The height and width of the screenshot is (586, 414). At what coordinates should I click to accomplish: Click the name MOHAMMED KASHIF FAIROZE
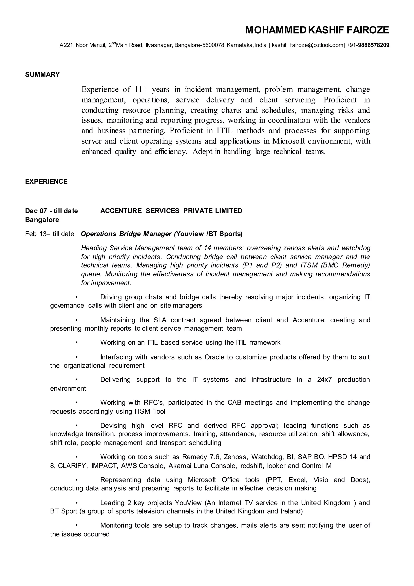click(x=317, y=30)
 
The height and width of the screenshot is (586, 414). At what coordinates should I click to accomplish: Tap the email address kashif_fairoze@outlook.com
click(x=307, y=45)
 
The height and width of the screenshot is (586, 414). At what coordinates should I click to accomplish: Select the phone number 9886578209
click(x=374, y=45)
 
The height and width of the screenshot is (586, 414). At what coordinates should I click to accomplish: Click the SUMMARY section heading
click(x=42, y=75)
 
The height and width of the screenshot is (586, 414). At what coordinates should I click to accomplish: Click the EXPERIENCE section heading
click(x=46, y=181)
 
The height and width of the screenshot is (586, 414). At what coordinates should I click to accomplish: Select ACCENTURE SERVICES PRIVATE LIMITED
click(x=171, y=211)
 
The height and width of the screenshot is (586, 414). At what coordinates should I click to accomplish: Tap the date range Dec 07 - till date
click(x=51, y=211)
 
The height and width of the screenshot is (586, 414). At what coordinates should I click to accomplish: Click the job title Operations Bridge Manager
click(x=126, y=234)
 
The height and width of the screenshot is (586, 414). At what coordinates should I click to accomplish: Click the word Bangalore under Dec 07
click(x=42, y=219)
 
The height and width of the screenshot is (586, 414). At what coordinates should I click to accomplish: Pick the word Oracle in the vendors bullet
click(x=215, y=357)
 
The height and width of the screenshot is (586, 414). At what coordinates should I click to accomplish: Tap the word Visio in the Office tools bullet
click(x=321, y=480)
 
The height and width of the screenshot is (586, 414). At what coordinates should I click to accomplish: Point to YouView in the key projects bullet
click(x=188, y=503)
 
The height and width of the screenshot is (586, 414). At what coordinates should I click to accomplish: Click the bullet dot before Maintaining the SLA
click(x=76, y=320)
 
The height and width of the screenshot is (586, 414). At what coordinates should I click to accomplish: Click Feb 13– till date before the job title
click(x=50, y=234)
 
